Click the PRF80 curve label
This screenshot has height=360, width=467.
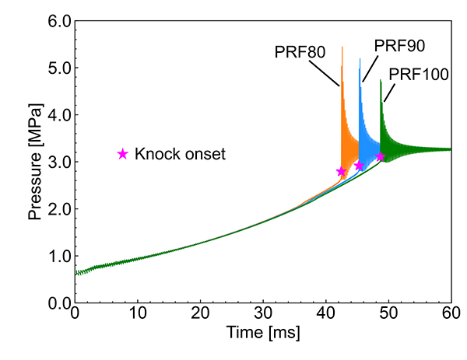pyautogui.click(x=300, y=54)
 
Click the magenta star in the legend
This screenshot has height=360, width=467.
pyautogui.click(x=122, y=154)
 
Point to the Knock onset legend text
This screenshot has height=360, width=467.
pyautogui.click(x=180, y=154)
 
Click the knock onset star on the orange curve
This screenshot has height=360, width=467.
pyautogui.click(x=341, y=171)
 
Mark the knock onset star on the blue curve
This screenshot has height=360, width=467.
pyautogui.click(x=359, y=166)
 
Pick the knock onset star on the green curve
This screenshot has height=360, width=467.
pyautogui.click(x=380, y=157)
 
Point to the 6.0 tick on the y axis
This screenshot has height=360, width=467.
pyautogui.click(x=56, y=21)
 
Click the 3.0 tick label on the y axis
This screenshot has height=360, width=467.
pyautogui.click(x=56, y=162)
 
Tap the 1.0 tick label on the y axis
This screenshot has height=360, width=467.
pyautogui.click(x=56, y=256)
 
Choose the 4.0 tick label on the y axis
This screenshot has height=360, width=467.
pyautogui.click(x=56, y=115)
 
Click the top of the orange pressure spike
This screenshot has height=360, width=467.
pyautogui.click(x=342, y=47)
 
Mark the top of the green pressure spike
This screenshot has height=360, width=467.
pyautogui.click(x=381, y=80)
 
